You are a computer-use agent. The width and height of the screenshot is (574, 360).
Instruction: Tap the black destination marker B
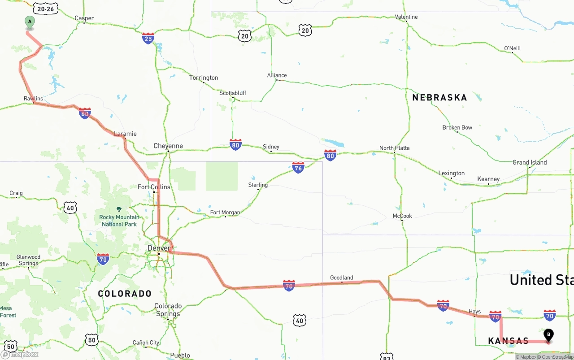(548, 335)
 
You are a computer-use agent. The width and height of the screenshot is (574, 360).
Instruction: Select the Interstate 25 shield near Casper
(148, 38)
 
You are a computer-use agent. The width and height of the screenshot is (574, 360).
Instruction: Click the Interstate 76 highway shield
(298, 168)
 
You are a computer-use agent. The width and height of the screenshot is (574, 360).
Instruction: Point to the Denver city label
(159, 248)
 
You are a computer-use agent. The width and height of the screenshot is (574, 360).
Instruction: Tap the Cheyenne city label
(168, 146)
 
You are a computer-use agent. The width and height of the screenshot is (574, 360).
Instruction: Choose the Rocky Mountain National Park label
(119, 220)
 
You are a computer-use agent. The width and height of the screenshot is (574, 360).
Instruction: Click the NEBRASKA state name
(439, 97)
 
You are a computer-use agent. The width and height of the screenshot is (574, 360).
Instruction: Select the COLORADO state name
(125, 294)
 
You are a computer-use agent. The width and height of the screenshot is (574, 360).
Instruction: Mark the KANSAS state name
(509, 341)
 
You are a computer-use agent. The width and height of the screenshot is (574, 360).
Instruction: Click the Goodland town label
(342, 278)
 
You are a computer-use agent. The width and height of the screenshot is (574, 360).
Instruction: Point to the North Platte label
(394, 148)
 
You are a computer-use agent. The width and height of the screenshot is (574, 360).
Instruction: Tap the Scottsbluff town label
(233, 93)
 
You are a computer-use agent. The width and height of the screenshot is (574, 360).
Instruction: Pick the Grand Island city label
(530, 162)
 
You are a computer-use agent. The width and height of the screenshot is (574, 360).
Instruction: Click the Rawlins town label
(34, 98)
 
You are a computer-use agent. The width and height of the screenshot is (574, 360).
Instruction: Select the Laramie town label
(125, 134)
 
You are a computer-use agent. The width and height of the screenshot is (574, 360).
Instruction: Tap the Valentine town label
(406, 17)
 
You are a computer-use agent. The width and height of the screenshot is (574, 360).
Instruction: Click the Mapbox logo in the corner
(20, 354)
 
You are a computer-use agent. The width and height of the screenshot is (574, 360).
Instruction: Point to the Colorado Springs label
(168, 310)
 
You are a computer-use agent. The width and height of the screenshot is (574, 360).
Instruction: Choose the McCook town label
(402, 216)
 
